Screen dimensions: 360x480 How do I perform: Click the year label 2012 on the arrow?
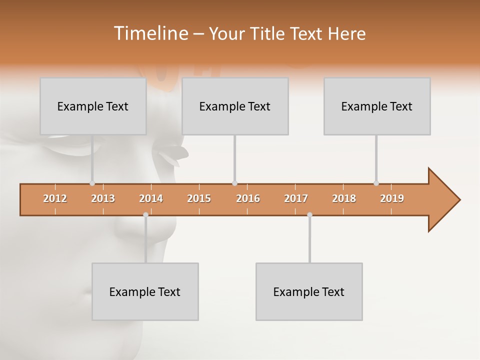[55, 198]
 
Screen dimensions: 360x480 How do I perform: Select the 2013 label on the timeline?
[103, 198]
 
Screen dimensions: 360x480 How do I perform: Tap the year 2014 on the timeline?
[151, 198]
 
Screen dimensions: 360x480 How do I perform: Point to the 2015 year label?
[199, 198]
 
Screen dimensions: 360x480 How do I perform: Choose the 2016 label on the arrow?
[248, 198]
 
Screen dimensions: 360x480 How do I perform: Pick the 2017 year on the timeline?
[296, 198]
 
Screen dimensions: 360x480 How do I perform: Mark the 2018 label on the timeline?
[344, 198]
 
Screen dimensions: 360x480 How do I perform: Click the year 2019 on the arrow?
[392, 198]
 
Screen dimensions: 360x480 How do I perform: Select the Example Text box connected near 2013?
[93, 106]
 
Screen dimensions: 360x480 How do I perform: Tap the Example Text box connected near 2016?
[235, 106]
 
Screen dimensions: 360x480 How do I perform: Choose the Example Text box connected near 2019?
[377, 106]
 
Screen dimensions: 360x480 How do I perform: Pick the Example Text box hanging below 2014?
[145, 291]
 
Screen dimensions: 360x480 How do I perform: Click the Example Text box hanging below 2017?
[309, 291]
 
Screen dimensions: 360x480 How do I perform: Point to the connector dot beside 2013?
[92, 183]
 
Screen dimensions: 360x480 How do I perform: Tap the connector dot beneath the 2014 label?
[145, 214]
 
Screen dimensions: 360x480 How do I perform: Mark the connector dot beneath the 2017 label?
[309, 214]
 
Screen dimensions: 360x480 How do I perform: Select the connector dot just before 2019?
[376, 183]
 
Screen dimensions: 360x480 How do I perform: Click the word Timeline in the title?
[151, 33]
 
